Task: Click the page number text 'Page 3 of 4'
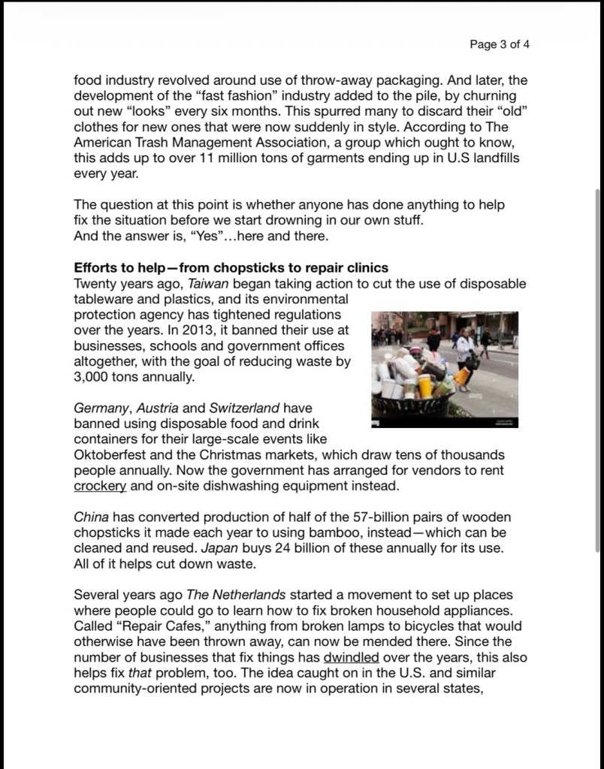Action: point(500,44)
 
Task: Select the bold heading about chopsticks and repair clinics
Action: point(231,268)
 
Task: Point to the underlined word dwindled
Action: point(351,658)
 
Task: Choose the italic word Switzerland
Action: point(243,408)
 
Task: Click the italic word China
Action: point(90,518)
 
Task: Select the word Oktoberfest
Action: point(107,455)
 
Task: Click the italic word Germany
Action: point(101,408)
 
